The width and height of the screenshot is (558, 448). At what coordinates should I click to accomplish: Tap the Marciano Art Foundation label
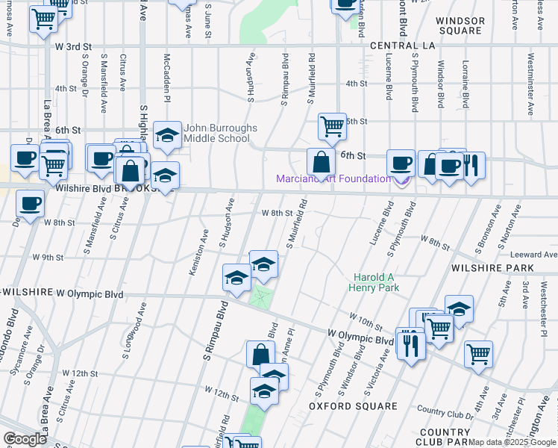coord(333,178)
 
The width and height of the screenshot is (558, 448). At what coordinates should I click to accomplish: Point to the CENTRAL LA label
coord(402,46)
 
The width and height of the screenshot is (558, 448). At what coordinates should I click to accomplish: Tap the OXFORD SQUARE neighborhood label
coord(353,406)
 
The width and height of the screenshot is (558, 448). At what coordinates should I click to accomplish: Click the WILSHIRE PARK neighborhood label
coord(492,267)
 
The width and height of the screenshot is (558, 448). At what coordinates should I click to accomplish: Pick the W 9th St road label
coord(47,258)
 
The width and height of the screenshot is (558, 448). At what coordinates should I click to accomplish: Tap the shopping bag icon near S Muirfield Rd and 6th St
coord(321,161)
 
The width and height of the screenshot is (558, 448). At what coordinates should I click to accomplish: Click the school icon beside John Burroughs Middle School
coord(166,134)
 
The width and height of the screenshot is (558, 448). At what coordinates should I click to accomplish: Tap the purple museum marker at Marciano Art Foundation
coord(402,180)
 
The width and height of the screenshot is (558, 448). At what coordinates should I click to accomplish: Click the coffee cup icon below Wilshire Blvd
coord(30,204)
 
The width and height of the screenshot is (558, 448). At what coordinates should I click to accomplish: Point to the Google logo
coord(25,439)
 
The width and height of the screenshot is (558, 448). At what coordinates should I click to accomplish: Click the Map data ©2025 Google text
coord(512,442)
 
